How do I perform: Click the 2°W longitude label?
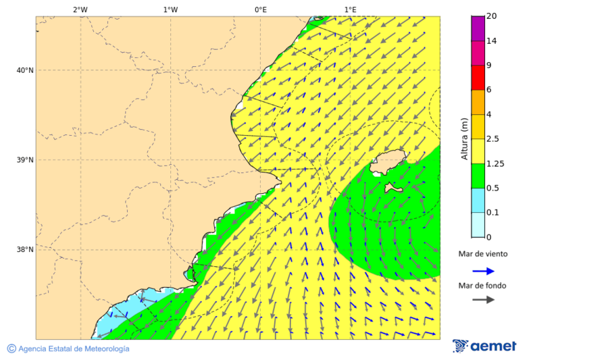coord(80,9)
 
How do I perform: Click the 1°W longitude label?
coord(170,9)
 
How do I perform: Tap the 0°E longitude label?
coord(260,9)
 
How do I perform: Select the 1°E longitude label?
coord(350,9)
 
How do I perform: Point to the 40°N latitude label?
coord(25,70)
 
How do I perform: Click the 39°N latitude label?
coord(25,160)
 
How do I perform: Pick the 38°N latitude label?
coord(25,250)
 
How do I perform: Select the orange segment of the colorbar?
coord(478,102)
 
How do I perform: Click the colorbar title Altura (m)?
coord(464,138)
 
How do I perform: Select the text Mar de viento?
coord(482,255)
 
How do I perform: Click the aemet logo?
coord(484,346)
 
